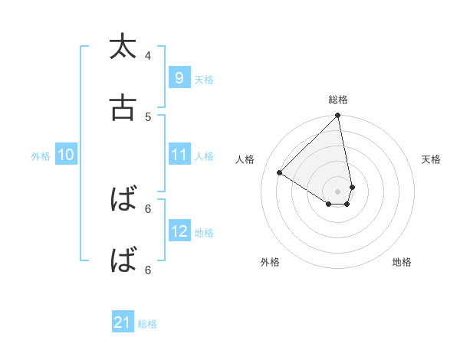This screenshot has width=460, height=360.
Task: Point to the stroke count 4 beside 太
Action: click(x=148, y=55)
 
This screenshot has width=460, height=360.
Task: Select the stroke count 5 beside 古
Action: click(x=148, y=116)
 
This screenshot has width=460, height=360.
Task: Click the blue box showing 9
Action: click(x=179, y=77)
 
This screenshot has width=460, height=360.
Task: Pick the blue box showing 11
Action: click(x=179, y=155)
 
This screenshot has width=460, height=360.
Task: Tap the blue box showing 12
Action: click(x=179, y=231)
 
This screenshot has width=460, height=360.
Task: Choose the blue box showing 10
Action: click(x=65, y=155)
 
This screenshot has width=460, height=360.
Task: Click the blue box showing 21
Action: click(x=123, y=323)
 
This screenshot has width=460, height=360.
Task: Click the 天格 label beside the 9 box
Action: click(x=204, y=79)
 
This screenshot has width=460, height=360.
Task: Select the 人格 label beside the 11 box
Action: click(x=204, y=156)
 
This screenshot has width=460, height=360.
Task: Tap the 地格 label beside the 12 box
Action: click(x=204, y=233)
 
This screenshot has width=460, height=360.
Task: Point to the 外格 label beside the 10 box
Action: click(x=41, y=156)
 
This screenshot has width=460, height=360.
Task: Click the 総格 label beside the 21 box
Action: click(x=147, y=325)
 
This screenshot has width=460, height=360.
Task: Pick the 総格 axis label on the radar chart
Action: click(x=338, y=100)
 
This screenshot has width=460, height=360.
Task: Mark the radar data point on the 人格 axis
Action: click(x=280, y=172)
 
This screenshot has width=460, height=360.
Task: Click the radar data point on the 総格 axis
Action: click(x=338, y=116)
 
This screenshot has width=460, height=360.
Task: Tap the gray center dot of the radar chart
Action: click(x=338, y=191)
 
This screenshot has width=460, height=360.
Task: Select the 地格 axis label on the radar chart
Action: click(x=402, y=262)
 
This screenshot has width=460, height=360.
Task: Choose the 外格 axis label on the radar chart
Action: click(x=270, y=262)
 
